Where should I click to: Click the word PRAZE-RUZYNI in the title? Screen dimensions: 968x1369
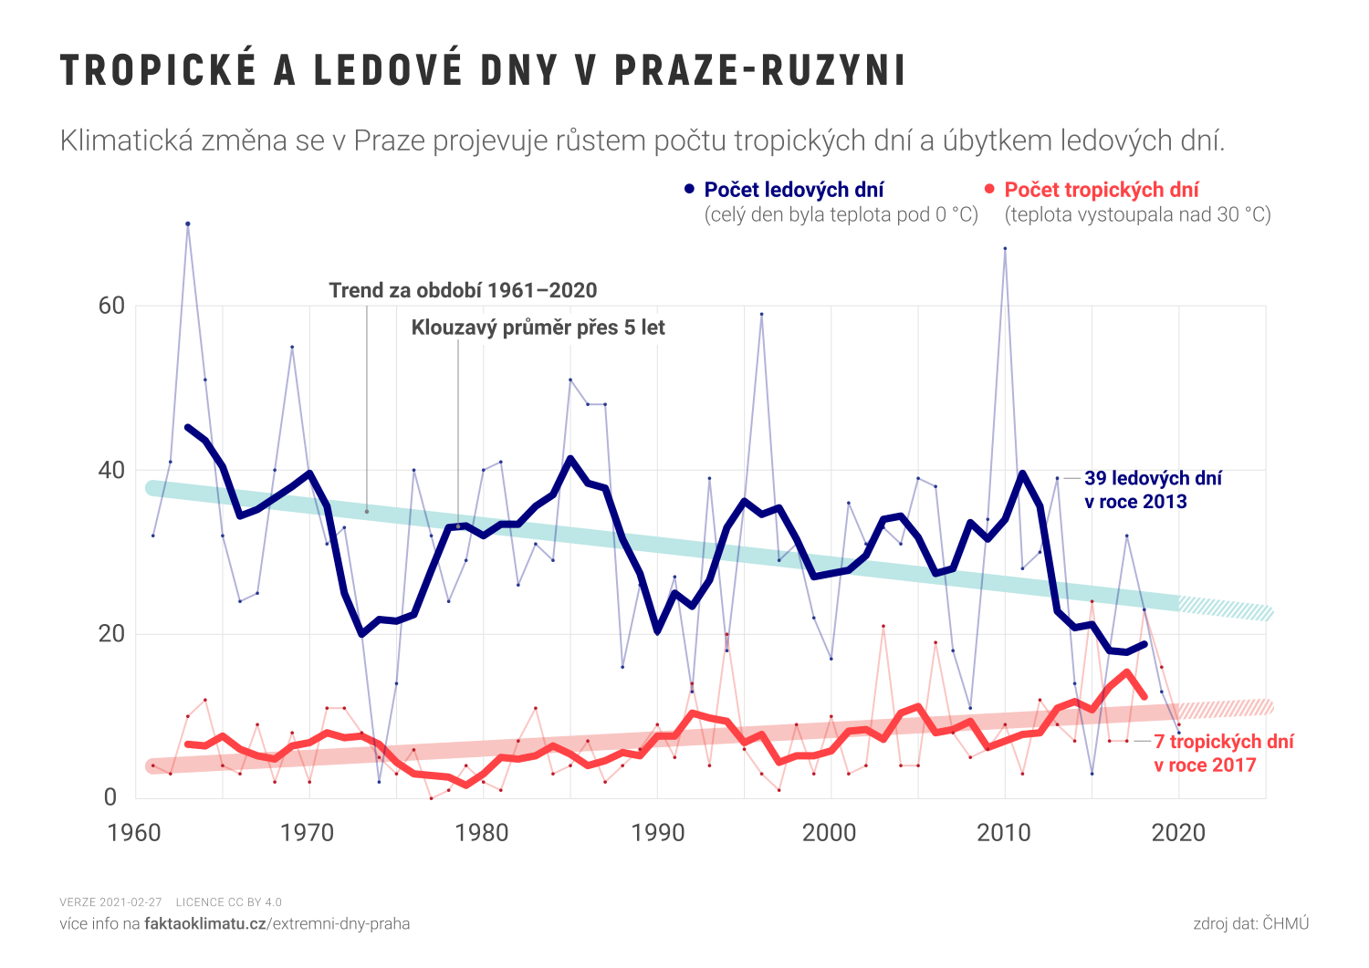760,70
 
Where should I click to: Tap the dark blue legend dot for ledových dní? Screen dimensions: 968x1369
690,189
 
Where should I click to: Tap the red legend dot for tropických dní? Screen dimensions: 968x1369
990,189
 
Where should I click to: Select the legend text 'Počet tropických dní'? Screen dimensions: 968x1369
1102,190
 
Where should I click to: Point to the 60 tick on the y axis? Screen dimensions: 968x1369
111,306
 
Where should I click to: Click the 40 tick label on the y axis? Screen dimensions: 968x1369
111,470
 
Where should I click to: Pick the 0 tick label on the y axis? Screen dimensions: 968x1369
110,797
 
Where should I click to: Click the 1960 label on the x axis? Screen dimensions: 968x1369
134,833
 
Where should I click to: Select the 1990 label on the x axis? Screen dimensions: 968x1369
657,833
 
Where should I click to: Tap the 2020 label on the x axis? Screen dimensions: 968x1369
1178,833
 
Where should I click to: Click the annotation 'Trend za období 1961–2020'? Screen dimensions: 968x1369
463,291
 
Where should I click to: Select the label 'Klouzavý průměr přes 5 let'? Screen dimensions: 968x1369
538,328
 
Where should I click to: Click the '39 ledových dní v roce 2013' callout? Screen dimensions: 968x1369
1152,490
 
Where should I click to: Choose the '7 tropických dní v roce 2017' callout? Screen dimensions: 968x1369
1223,754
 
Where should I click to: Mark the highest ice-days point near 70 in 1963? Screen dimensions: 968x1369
188,224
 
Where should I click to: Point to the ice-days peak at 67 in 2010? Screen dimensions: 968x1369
1005,248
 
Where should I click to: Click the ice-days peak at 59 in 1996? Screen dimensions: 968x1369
761,314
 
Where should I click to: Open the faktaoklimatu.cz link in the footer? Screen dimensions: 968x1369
205,924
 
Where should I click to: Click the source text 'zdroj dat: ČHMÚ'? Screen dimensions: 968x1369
1250,924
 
